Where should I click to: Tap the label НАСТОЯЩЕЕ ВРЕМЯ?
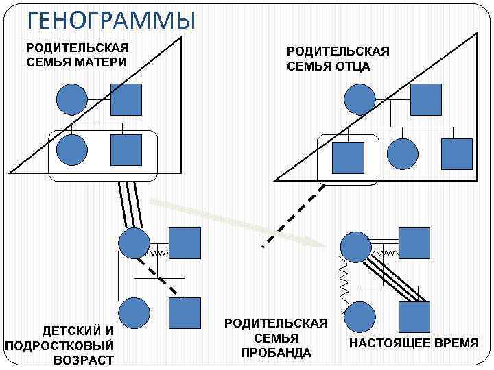pyautogui.click(x=414, y=343)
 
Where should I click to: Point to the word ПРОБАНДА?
pyautogui.click(x=276, y=353)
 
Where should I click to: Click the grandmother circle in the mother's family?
pyautogui.click(x=71, y=99)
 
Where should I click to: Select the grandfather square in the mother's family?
pyautogui.click(x=126, y=99)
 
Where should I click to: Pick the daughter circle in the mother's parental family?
pyautogui.click(x=71, y=149)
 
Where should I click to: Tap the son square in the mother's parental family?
pyautogui.click(x=126, y=149)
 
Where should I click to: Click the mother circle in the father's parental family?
pyautogui.click(x=360, y=100)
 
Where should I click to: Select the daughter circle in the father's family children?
pyautogui.click(x=402, y=154)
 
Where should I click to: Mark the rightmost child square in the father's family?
pyautogui.click(x=456, y=154)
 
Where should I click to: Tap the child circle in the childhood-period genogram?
pyautogui.click(x=134, y=313)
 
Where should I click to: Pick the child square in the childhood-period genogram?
pyautogui.click(x=185, y=313)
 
